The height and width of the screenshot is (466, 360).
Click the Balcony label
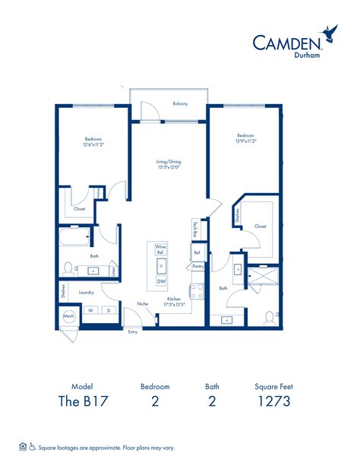180,103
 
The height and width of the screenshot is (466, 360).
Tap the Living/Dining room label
169,162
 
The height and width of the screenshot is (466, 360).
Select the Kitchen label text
174,299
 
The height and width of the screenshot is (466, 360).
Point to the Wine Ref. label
161,249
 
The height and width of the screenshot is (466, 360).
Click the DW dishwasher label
161,281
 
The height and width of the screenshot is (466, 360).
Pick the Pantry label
197,267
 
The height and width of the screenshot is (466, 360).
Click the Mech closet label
68,315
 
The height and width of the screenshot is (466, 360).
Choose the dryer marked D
108,310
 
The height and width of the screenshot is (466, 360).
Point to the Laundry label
86,292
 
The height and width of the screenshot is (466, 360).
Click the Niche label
142,303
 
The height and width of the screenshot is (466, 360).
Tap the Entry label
134,331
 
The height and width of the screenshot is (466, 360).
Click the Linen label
113,270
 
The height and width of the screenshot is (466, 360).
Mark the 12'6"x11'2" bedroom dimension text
93,143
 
